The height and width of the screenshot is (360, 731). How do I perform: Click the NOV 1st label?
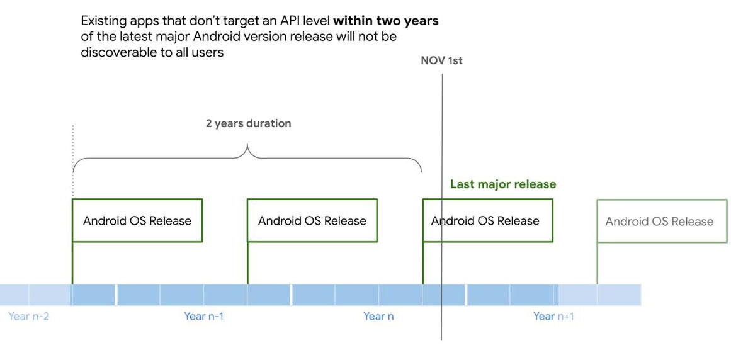(x=441, y=60)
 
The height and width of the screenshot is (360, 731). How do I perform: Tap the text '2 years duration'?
(x=249, y=123)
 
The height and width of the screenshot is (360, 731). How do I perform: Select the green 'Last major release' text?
(x=503, y=184)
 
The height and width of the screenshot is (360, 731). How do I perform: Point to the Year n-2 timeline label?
(x=29, y=317)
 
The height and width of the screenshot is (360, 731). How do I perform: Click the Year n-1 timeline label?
(x=204, y=317)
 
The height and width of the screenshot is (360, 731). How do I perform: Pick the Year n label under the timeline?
(x=378, y=317)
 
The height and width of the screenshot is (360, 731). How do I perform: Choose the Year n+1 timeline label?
(x=554, y=317)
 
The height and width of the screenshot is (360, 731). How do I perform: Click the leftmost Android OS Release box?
(x=137, y=220)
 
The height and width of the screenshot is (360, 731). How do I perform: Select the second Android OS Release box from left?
(x=312, y=220)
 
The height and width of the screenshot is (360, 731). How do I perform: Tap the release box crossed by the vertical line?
(x=487, y=220)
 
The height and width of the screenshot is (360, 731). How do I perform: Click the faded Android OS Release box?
(x=662, y=221)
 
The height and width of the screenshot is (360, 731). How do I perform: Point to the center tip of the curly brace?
(x=247, y=145)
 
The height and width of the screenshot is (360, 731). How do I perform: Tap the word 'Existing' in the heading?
(x=102, y=22)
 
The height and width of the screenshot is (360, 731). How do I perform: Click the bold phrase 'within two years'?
(x=386, y=21)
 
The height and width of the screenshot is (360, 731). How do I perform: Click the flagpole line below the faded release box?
(x=597, y=263)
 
